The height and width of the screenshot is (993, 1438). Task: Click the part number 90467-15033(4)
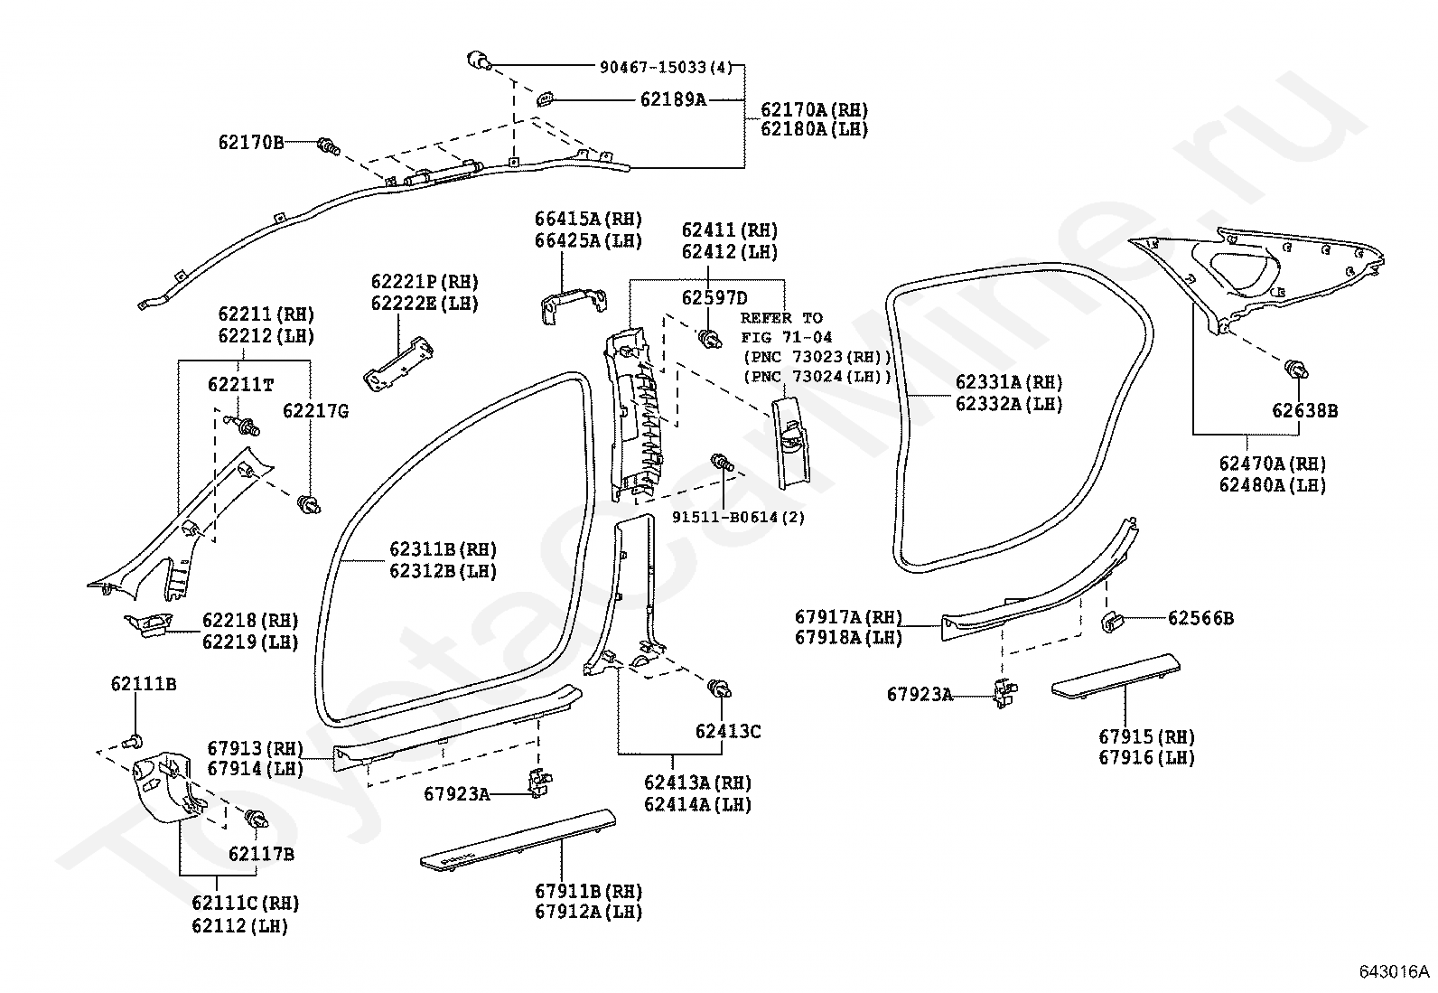pos(666,67)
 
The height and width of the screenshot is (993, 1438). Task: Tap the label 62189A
pos(673,99)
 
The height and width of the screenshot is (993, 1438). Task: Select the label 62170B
pos(250,142)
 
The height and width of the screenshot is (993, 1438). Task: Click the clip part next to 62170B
pos(329,145)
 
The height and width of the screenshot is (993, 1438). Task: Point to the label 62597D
pos(714,298)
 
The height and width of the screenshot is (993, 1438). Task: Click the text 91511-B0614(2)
pos(738,517)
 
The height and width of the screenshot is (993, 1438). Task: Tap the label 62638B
pos(1304,411)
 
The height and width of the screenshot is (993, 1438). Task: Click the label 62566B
pos(1200,619)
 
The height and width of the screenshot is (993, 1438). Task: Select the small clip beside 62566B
pos(1111,621)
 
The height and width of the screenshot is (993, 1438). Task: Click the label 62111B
pos(144,684)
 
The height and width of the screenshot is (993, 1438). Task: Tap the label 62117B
pos(260,854)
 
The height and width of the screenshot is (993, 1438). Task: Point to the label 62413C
pos(728,732)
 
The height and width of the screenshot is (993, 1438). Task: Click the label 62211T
pos(240,384)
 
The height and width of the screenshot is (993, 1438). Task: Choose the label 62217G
pos(315,411)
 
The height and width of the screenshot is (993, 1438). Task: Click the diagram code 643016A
pos(1395,972)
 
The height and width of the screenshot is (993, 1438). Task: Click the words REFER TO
pos(781,318)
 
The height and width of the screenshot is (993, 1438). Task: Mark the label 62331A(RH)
pos(1009,383)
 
